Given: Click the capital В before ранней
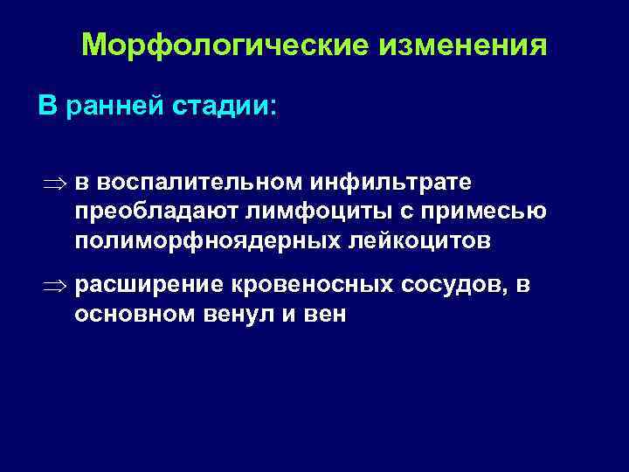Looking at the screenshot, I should (46, 106).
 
